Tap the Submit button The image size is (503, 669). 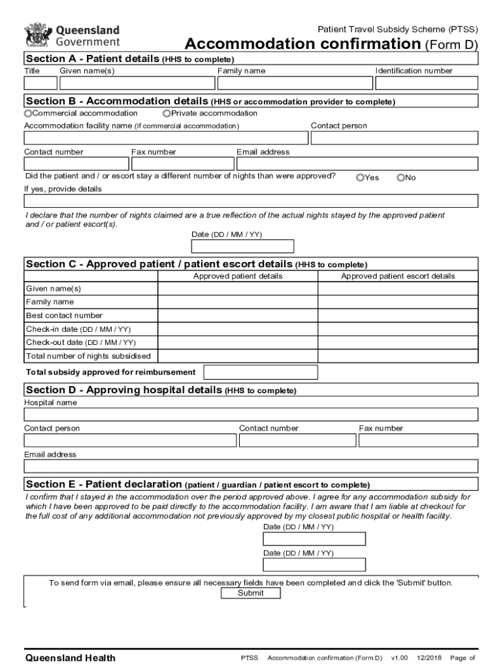[251, 593]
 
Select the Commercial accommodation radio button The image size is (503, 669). [28, 114]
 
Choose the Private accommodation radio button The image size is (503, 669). [167, 114]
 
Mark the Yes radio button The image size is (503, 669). [360, 178]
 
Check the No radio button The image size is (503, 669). [400, 178]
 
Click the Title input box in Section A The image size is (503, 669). [41, 83]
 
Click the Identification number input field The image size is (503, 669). [427, 83]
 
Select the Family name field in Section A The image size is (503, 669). [295, 83]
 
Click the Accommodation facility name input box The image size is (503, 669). [166, 138]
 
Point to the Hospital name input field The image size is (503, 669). [251, 415]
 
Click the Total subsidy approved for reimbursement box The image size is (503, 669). [261, 372]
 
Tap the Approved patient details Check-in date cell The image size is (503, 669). [238, 329]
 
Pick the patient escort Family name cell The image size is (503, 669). [398, 302]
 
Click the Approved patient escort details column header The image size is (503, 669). [398, 276]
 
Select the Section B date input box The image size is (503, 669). [242, 246]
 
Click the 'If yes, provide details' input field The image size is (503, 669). [251, 201]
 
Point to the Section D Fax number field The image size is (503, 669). [418, 440]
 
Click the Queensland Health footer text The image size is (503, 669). [70, 658]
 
